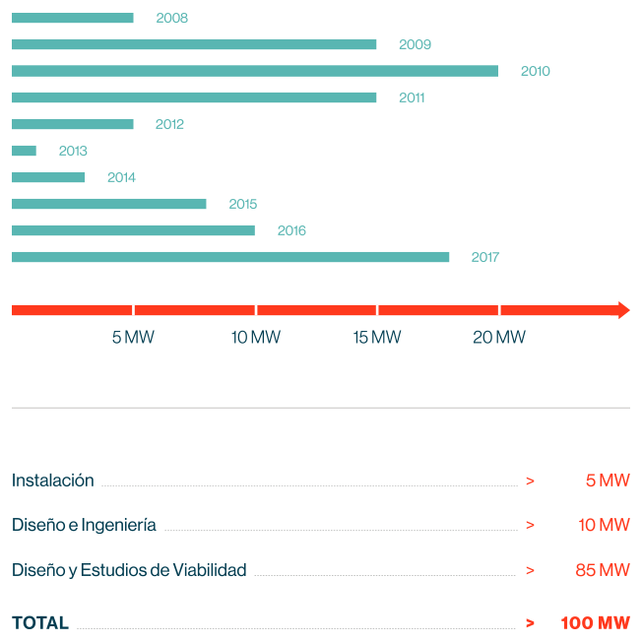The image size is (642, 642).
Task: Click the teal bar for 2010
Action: point(254,71)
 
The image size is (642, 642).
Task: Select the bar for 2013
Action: point(24,151)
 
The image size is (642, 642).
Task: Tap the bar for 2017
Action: point(230,257)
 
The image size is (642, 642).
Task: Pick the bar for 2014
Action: point(48,177)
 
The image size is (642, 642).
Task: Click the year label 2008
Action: point(171,18)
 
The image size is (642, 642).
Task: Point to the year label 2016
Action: point(291,230)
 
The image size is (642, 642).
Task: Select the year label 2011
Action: point(413,97)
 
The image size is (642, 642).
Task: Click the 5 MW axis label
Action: point(133,338)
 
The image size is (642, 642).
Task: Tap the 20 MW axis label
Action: point(499,338)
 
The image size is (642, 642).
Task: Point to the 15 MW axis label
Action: point(377,338)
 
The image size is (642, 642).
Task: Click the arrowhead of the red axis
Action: point(621,310)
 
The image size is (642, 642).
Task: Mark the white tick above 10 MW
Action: point(256,310)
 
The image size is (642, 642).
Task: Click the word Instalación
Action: point(53,481)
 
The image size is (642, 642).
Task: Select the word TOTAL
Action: point(40,622)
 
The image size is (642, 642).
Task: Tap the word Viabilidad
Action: point(209,570)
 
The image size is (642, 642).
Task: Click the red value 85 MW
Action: point(603,570)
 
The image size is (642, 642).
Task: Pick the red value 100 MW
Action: point(595,622)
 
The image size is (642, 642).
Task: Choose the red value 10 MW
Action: point(604,525)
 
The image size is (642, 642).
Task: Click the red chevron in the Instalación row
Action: point(530,481)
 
